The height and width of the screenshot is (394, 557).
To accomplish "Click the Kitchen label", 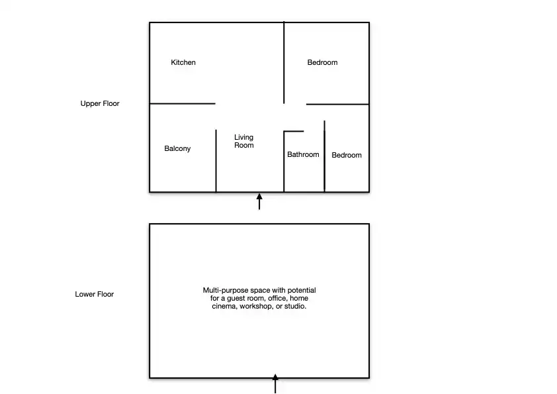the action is [183, 63].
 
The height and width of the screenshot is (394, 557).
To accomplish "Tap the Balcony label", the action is [177, 148].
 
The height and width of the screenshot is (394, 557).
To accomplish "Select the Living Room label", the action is [243, 141].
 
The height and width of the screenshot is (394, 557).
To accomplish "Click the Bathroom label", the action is [303, 155].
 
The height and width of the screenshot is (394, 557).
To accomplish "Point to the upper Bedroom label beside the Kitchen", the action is [322, 63].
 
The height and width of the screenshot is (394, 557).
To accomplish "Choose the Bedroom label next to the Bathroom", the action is [347, 156].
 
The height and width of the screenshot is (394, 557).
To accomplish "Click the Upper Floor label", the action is [100, 104].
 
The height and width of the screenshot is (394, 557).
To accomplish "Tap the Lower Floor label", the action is [94, 295].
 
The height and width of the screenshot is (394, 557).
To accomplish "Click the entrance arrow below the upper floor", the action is [259, 201].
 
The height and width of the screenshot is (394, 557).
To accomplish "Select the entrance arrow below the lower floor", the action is [275, 383].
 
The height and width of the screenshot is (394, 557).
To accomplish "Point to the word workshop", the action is [256, 306].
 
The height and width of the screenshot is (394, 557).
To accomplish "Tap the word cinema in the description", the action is [224, 306].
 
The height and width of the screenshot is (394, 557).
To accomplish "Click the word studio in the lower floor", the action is [295, 306].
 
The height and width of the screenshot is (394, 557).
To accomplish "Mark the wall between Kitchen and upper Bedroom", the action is [284, 63].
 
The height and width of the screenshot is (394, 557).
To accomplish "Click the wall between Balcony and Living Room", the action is [216, 161].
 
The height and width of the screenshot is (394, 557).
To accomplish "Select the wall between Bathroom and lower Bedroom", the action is [324, 156].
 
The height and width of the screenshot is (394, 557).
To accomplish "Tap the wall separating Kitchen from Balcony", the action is [183, 103].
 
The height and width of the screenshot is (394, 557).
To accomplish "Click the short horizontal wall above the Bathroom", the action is [294, 131].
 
